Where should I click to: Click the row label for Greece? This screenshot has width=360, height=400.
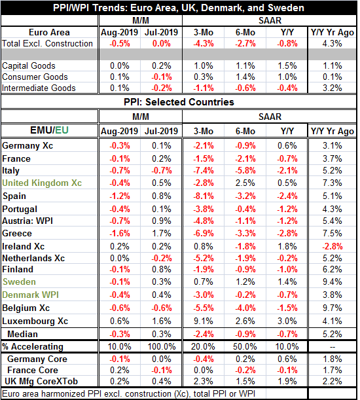point(17,234)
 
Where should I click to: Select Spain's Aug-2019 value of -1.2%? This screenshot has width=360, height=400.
point(120,196)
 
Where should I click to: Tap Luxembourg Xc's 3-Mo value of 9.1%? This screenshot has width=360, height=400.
point(204,321)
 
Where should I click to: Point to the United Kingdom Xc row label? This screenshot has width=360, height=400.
point(42,183)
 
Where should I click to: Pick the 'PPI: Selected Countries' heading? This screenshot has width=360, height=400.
point(179,102)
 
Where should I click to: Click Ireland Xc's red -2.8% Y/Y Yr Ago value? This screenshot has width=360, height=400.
point(333,246)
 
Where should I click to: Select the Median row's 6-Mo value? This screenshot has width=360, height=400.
point(245,334)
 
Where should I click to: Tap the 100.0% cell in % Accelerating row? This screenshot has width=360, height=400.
point(162,347)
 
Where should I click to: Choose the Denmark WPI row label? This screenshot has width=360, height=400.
point(30,295)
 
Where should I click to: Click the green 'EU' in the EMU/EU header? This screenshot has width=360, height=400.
point(62,130)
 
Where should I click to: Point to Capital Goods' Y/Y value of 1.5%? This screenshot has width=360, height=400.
point(287,66)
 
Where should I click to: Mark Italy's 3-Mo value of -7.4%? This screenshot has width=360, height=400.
point(204,170)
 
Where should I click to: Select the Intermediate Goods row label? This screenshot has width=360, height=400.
point(39,88)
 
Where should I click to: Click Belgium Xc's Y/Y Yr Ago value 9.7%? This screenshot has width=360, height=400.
point(333,308)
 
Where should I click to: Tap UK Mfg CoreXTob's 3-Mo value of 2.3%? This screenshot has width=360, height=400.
point(204,382)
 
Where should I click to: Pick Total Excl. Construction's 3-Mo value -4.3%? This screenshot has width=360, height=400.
point(204,44)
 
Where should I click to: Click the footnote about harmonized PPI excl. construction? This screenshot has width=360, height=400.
point(128,394)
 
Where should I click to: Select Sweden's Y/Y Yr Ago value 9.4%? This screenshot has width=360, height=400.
point(333,282)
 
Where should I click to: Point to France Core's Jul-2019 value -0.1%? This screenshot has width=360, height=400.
point(162,370)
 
